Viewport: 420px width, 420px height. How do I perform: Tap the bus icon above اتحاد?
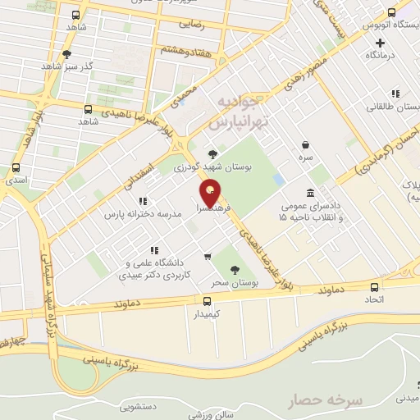click(x=375, y=286)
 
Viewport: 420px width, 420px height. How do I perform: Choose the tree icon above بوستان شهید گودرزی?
click(x=213, y=153)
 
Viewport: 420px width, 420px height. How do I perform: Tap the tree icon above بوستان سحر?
click(x=235, y=269)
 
